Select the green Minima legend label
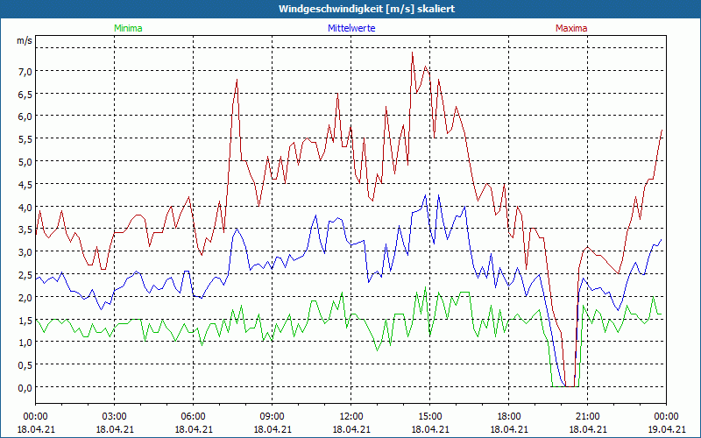point(128,28)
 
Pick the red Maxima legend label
point(571,28)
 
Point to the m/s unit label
point(25,40)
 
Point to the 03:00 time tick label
point(114,416)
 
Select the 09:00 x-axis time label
point(272,416)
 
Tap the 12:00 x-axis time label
point(350,416)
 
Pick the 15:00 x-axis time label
point(429,416)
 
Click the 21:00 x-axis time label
point(587,416)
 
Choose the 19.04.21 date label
point(666,428)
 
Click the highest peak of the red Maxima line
point(413,53)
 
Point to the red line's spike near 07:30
point(237,81)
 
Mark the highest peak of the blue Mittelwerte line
point(426,195)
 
